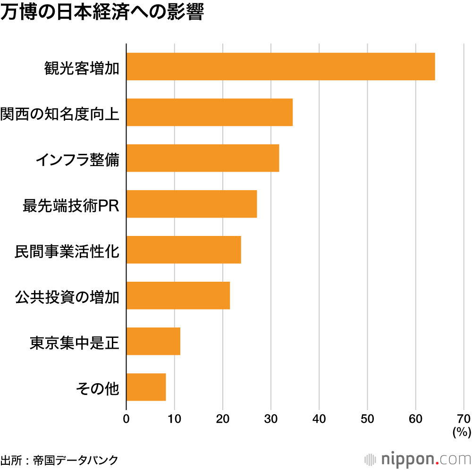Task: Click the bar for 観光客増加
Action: point(280,67)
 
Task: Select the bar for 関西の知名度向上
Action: point(209,112)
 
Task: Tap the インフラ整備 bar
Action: point(202,158)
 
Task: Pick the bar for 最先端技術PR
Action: point(191,204)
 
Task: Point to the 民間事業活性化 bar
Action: point(184,250)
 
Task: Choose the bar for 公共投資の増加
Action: point(178,295)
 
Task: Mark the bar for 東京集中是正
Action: point(153,341)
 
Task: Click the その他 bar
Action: point(146,387)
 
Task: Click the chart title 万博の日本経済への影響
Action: point(101,13)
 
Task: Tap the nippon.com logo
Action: point(418,459)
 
